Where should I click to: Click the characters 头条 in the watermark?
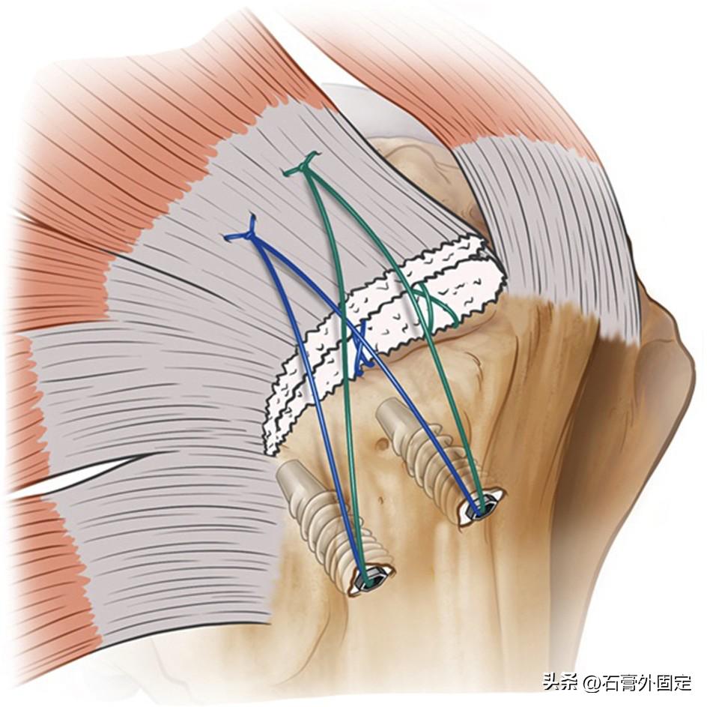coord(559,683)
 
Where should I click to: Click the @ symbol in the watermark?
coord(592,683)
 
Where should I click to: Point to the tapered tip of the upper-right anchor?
coord(390,410)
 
